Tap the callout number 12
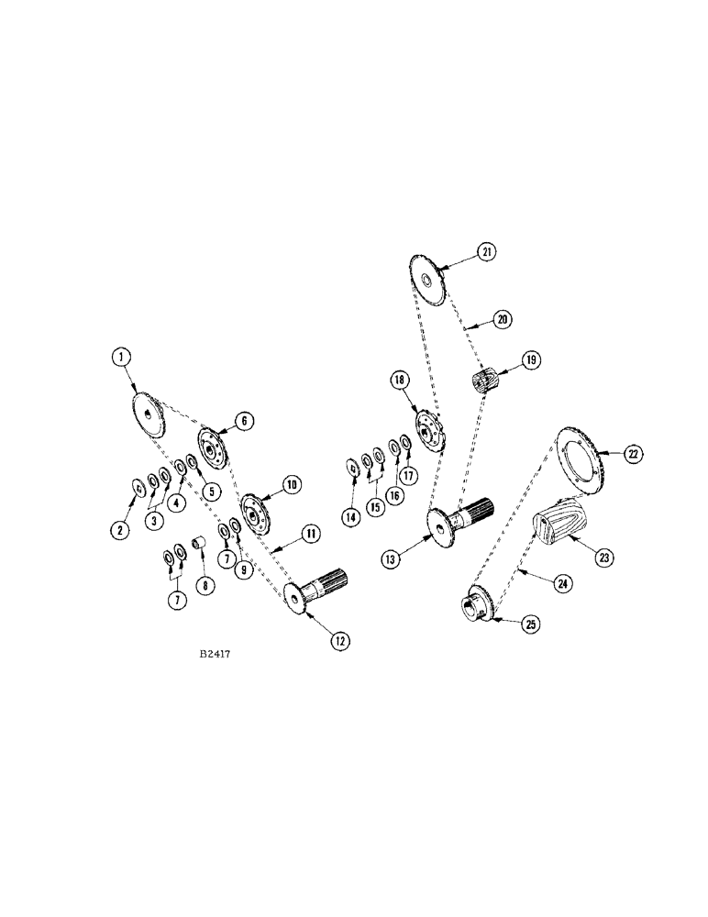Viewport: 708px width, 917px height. click(x=341, y=642)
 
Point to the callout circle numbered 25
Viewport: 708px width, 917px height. click(x=531, y=624)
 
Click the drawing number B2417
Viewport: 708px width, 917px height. click(x=213, y=657)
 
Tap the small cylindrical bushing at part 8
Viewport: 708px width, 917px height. click(x=197, y=551)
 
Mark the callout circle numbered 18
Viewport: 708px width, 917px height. click(x=399, y=380)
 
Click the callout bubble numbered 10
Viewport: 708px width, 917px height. click(x=291, y=483)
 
